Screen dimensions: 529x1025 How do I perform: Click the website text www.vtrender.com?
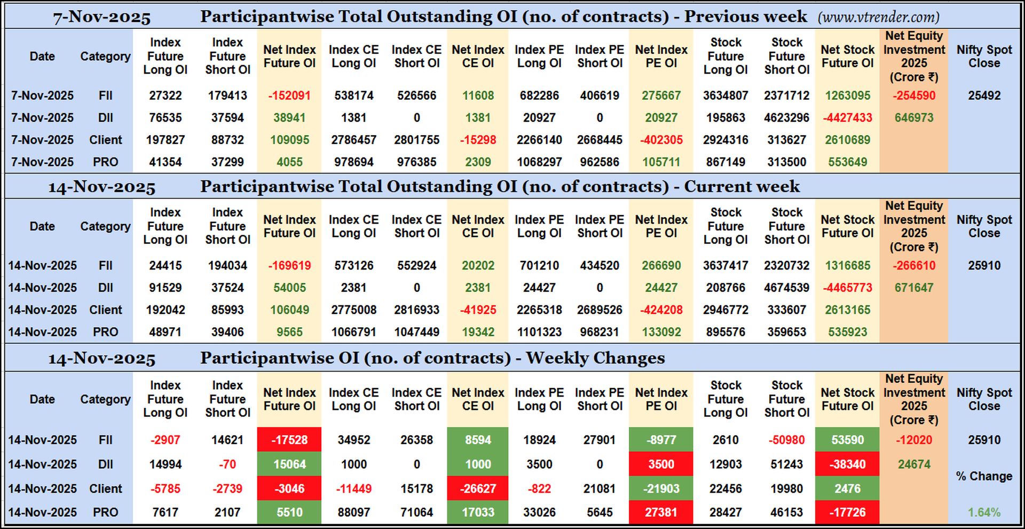coord(878,17)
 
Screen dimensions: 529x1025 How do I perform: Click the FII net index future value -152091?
coord(289,96)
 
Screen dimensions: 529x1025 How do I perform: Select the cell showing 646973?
coord(913,117)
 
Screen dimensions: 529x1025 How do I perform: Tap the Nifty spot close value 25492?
coord(984,96)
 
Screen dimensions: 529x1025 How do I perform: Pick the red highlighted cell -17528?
coord(289,440)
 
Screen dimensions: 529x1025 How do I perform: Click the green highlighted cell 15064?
coord(289,464)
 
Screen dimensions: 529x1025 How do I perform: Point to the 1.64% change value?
coord(984,512)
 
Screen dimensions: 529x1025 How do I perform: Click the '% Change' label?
coord(984,476)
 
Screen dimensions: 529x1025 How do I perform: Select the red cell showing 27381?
coord(661,512)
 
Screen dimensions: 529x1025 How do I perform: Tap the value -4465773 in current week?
coord(847,288)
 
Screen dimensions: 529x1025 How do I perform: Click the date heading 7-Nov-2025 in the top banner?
coord(101,17)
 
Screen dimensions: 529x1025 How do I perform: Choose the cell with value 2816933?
coord(416,310)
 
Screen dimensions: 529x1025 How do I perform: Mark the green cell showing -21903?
coord(661,488)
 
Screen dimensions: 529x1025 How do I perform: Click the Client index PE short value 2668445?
coord(600,140)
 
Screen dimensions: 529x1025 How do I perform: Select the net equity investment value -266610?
coord(913,265)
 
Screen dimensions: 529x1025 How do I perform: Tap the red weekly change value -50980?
coord(786,440)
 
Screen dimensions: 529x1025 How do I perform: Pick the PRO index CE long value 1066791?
coord(353,332)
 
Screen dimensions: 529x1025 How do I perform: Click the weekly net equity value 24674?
coord(913,464)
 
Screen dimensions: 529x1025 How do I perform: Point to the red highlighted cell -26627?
coord(478,488)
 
